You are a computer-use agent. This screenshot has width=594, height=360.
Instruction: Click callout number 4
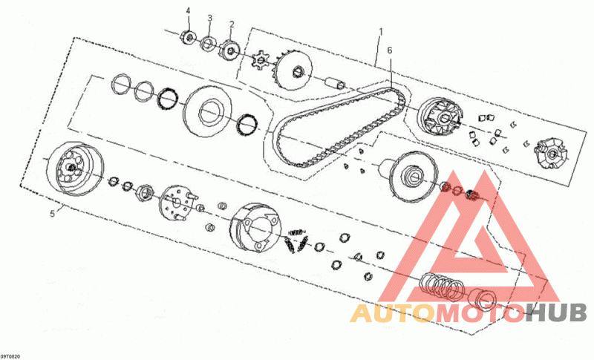(188, 10)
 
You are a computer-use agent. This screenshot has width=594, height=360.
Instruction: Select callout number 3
(209, 17)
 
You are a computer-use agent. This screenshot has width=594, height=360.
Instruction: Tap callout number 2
(231, 24)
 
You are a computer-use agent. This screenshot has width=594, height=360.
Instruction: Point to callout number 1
(381, 32)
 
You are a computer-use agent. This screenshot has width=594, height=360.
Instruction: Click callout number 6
(390, 50)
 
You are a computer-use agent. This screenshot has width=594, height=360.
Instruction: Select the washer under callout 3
(209, 42)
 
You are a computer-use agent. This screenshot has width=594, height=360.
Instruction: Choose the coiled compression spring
(443, 284)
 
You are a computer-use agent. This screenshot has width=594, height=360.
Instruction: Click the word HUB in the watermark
(556, 313)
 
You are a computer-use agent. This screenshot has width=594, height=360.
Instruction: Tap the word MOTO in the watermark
(480, 313)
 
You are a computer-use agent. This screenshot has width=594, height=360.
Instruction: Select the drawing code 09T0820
(13, 356)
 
